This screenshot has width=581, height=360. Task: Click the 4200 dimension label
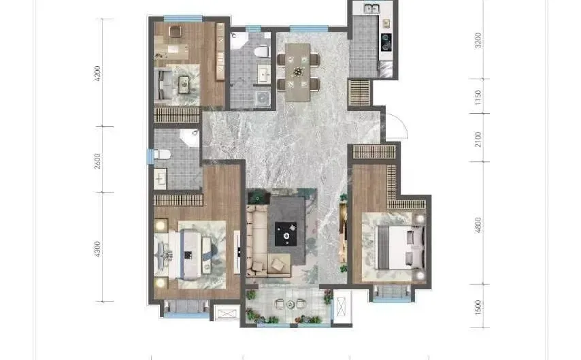[97, 73]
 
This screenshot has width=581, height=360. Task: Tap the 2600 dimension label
[97, 161]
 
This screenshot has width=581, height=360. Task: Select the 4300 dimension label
[97, 249]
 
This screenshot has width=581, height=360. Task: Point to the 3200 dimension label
[478, 40]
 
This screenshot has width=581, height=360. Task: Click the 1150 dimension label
[478, 97]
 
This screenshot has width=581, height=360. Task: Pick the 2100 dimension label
[478, 140]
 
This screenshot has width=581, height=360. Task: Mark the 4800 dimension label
[478, 225]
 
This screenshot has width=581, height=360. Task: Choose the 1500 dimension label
[478, 308]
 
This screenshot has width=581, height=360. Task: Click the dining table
[297, 72]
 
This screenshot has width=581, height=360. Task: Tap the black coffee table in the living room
[286, 234]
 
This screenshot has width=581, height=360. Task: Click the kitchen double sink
[371, 8]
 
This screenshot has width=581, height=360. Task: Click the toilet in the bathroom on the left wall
[161, 154]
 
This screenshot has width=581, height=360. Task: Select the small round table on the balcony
[290, 304]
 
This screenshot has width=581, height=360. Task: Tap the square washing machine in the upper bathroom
[263, 98]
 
